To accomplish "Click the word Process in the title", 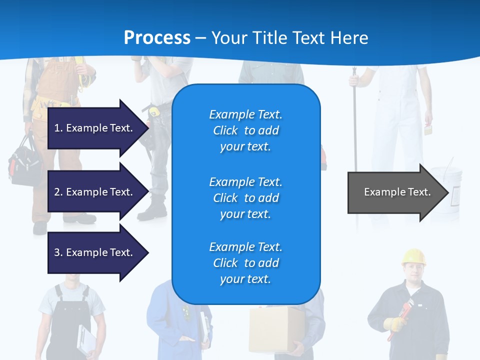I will point(157,38).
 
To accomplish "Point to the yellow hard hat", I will point(414,256).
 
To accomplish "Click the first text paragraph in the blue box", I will point(245,130).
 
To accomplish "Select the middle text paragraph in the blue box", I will point(245,198).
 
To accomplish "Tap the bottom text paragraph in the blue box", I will point(245,263).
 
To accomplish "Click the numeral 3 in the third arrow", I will point(56,252).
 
